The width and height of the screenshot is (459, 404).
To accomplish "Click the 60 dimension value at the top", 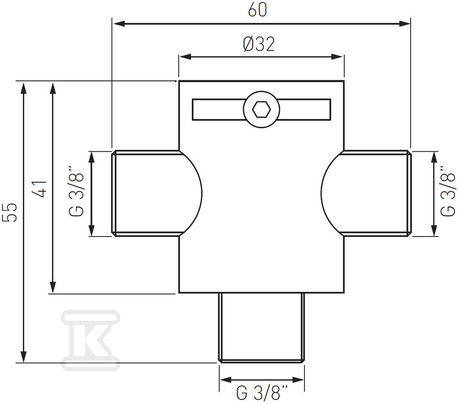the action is coord(258,10).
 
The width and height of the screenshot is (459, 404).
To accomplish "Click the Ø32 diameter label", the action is coord(259,44).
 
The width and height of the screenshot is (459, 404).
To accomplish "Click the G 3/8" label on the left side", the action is coord(76,191).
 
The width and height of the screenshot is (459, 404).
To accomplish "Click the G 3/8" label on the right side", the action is coord(448,191).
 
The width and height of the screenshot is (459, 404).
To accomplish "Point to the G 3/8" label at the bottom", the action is coord(262,393).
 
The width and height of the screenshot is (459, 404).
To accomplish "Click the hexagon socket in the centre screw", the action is coord(261,110).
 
